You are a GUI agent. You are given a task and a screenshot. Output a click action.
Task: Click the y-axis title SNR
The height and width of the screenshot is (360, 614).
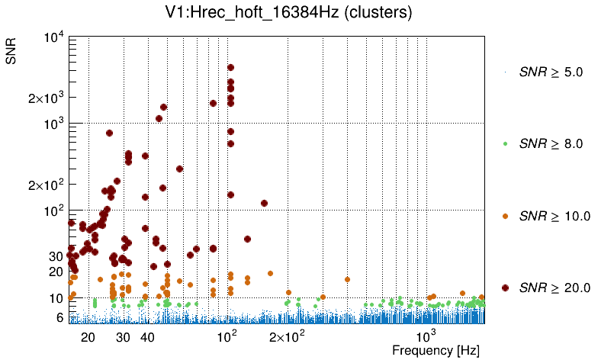pos(12,47)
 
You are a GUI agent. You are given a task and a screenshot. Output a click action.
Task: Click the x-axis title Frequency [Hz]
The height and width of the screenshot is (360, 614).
pos(436,351)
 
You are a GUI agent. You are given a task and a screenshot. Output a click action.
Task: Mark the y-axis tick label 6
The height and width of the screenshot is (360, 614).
pos(58,317)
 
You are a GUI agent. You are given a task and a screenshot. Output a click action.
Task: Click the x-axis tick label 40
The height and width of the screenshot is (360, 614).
pos(148,336)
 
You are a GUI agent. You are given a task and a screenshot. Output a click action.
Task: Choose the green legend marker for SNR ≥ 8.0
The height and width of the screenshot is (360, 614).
pos(505,143)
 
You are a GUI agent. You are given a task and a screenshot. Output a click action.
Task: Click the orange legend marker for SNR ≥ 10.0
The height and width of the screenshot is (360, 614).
pos(505,215)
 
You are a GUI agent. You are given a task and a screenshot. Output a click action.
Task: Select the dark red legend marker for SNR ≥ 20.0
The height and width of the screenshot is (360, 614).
pos(505,287)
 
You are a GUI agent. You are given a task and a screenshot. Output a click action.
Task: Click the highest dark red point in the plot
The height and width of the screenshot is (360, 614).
pos(230,67)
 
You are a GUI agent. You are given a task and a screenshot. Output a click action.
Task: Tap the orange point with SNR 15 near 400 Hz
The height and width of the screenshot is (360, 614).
pos(347,279)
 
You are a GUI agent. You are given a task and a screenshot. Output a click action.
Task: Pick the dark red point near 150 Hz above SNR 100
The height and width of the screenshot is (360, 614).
pos(264,203)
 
